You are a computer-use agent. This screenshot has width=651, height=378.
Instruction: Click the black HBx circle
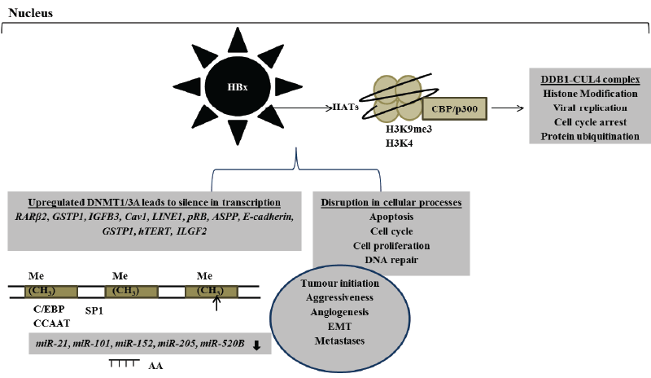pyautogui.click(x=238, y=86)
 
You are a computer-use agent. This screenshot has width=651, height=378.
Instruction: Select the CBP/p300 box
pyautogui.click(x=454, y=109)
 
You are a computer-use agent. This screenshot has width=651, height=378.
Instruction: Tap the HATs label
pyautogui.click(x=346, y=107)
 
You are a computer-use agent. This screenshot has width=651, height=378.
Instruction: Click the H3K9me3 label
pyautogui.click(x=409, y=129)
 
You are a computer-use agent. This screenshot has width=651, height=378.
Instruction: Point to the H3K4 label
pyautogui.click(x=399, y=143)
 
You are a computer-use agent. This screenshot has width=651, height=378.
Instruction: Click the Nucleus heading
pyautogui.click(x=31, y=13)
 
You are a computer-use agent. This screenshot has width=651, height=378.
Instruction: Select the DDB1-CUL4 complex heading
pyautogui.click(x=590, y=79)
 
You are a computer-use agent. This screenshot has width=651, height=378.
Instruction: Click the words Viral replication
pyautogui.click(x=590, y=108)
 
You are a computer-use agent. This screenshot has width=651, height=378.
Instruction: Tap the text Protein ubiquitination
pyautogui.click(x=590, y=136)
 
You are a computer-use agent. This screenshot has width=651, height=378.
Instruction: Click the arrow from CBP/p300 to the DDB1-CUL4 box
pyautogui.click(x=507, y=108)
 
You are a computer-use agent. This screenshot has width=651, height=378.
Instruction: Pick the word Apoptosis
pyautogui.click(x=391, y=217)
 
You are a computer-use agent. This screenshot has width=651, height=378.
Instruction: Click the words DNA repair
pyautogui.click(x=391, y=260)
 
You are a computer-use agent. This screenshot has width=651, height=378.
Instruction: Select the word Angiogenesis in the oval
pyautogui.click(x=339, y=312)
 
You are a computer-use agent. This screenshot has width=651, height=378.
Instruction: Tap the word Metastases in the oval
pyautogui.click(x=339, y=341)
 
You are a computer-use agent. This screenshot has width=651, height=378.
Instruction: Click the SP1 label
pyautogui.click(x=94, y=310)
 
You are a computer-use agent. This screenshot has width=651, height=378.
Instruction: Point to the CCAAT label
pyautogui.click(x=51, y=323)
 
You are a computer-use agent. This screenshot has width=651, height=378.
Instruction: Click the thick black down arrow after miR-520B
pyautogui.click(x=256, y=345)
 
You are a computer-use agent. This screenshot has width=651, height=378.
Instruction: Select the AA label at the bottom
pyautogui.click(x=155, y=366)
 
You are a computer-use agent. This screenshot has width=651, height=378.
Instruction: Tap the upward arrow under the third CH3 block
pyautogui.click(x=216, y=301)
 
